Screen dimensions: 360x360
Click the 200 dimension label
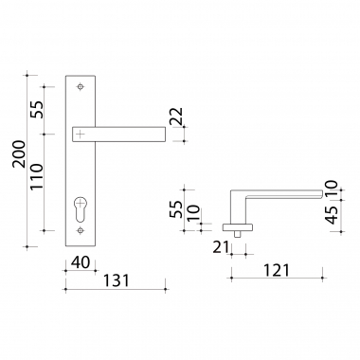(19, 153)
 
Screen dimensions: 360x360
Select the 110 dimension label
(36, 177)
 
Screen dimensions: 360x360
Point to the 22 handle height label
(176, 117)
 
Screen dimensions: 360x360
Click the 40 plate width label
(81, 262)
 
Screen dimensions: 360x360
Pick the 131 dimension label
(117, 280)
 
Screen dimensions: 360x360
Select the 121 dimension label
(277, 271)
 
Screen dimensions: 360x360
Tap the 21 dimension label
(221, 247)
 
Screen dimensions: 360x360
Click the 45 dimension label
(332, 215)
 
